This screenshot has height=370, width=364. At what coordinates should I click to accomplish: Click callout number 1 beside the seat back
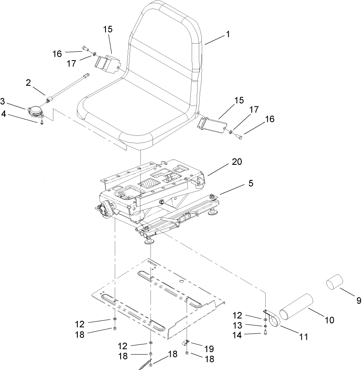coord(228,34)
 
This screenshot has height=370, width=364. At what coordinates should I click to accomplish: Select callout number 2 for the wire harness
coord(28,82)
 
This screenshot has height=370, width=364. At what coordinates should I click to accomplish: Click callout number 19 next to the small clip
coord(209,349)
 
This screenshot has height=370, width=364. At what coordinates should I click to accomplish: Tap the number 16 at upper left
coord(57,54)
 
